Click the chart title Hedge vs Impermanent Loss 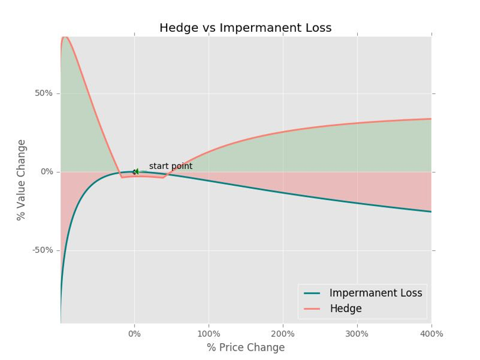(245, 28)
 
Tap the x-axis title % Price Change (245, 347)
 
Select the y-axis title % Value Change (21, 179)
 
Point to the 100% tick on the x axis (209, 333)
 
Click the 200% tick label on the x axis (283, 333)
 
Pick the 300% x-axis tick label (357, 333)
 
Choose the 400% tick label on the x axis (431, 333)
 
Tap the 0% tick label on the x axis (134, 333)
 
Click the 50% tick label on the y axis (44, 93)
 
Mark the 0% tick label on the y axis (46, 172)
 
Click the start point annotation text (171, 166)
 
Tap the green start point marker (135, 171)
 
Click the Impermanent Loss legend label (376, 293)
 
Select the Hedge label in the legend (346, 309)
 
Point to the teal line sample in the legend (312, 293)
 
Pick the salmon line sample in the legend (312, 309)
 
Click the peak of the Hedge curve (65, 37)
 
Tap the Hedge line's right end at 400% (430, 119)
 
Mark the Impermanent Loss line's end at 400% (430, 212)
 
